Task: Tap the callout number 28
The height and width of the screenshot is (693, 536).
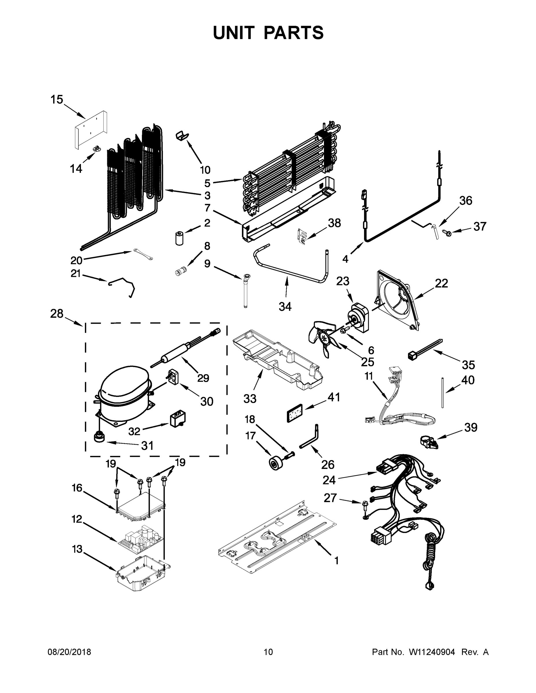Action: click(57, 314)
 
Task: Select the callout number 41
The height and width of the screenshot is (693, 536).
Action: click(333, 397)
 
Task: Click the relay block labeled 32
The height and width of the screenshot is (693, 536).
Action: click(177, 420)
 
